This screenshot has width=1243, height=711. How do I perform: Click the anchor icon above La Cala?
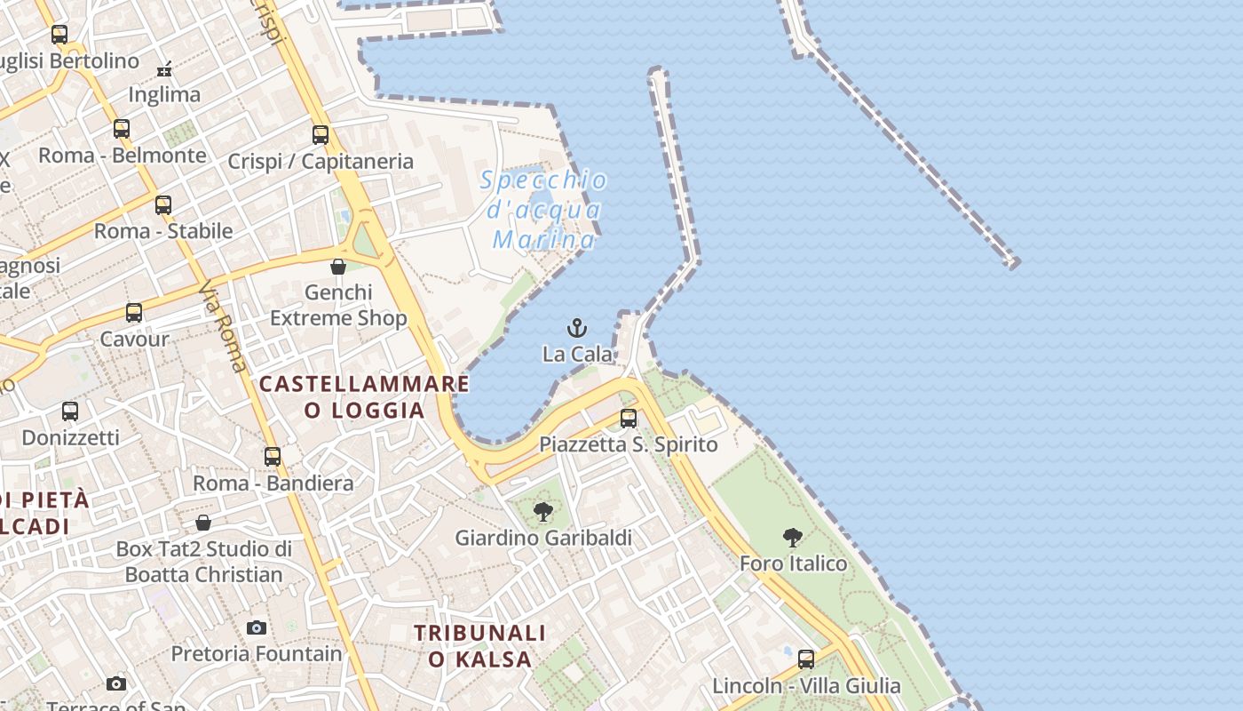point(577,328)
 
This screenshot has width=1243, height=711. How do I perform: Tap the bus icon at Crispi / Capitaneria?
point(321,135)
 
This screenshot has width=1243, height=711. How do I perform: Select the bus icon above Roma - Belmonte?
point(122,129)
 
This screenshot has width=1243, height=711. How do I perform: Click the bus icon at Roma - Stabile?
point(163,205)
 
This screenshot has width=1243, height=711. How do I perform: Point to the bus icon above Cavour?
point(134,313)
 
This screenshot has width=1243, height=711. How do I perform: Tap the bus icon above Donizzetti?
point(70,411)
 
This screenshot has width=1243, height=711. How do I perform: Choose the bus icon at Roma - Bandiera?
point(273,457)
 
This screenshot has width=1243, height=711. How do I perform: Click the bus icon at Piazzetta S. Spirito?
point(629,418)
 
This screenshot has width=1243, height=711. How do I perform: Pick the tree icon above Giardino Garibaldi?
point(543,511)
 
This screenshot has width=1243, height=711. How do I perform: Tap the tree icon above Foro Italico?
point(793,537)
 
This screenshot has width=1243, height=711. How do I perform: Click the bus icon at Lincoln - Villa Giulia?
point(806,659)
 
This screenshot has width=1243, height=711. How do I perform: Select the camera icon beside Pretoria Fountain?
point(257,627)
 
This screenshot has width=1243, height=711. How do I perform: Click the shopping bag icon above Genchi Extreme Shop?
point(338,267)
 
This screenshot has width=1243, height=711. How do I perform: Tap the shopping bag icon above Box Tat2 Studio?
point(203,523)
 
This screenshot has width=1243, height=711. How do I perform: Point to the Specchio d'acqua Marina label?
point(544,211)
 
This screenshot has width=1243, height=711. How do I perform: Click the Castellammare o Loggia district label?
point(364,396)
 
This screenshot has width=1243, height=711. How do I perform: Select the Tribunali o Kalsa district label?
point(480,646)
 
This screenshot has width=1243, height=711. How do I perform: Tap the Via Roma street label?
point(223,326)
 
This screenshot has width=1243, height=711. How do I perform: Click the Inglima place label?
point(164,94)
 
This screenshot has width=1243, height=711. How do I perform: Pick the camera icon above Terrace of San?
point(116,683)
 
